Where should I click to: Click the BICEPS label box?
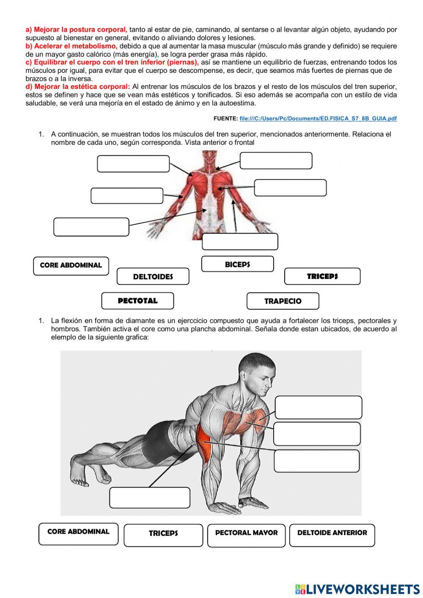pos(237,264)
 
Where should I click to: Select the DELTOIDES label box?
pos(153,276)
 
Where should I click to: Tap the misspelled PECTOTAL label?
pos(137,301)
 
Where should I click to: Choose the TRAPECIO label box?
pos(283,301)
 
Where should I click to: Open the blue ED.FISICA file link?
pos(318,118)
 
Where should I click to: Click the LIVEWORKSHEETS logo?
pos(357,589)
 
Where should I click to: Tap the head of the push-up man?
pos(256,372)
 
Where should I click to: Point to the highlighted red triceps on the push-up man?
pos(205,444)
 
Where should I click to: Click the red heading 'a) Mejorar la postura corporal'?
pos(76,30)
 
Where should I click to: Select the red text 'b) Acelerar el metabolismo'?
pos(71,46)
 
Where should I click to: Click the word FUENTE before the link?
pos(225,119)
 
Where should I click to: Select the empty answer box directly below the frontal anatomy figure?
pos(240,242)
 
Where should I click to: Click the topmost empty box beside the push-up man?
pos(318,407)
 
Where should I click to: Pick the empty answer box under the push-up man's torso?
pos(149,497)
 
